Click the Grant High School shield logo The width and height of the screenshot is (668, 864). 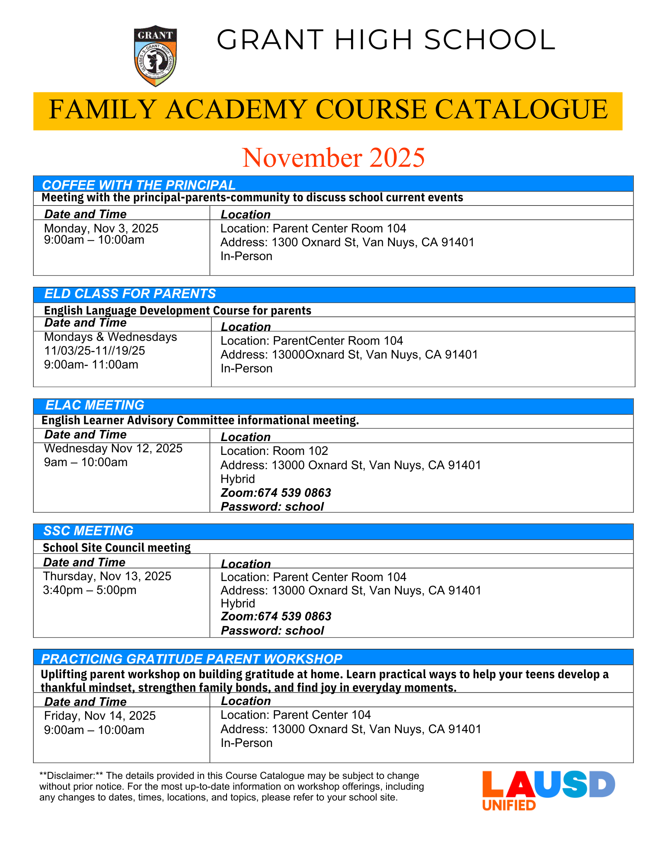click(x=155, y=56)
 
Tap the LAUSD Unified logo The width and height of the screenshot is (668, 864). click(x=548, y=790)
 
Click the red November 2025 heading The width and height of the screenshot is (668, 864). click(x=333, y=158)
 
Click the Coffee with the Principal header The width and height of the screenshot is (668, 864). click(x=139, y=185)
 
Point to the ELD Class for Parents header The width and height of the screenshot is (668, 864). click(x=130, y=294)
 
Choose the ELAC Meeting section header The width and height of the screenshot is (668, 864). click(x=95, y=405)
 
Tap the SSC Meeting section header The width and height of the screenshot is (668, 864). click(x=88, y=531)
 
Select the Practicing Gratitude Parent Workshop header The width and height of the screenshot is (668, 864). click(x=192, y=659)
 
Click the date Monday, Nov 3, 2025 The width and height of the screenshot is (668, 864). click(x=101, y=228)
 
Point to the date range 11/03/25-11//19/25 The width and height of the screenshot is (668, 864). click(x=95, y=351)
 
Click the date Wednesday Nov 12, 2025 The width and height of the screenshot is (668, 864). click(x=113, y=448)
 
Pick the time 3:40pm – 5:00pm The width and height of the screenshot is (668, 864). click(x=89, y=590)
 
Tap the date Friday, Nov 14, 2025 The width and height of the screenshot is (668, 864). click(x=100, y=716)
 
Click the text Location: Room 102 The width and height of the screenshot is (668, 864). click(x=274, y=451)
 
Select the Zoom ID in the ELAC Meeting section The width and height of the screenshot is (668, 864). click(x=276, y=493)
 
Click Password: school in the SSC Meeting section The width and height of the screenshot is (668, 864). click(x=272, y=631)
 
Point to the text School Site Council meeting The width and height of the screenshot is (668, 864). click(x=117, y=548)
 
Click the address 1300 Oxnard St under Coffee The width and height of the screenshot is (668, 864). click(x=347, y=242)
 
